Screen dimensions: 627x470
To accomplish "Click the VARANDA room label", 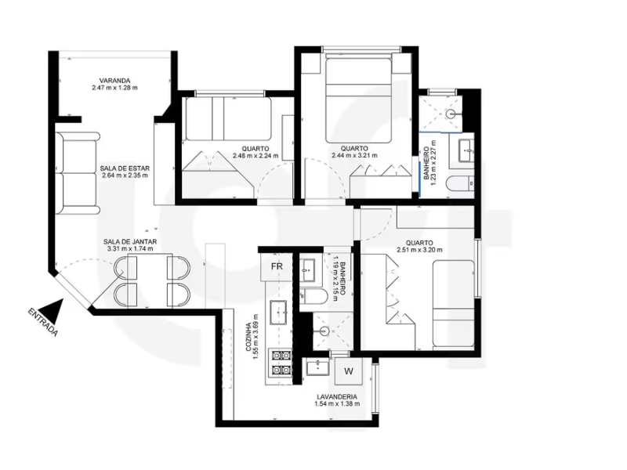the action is coord(114,81).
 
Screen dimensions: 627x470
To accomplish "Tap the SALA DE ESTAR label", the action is coord(125,168).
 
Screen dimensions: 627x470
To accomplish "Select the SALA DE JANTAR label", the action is coord(130,242).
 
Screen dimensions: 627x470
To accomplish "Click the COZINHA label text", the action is coord(248,337).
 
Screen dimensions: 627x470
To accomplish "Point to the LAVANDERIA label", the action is coord(337,397).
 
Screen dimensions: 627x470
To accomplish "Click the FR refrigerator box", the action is coord(277,266).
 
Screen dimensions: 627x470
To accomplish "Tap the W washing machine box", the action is coord(349,371).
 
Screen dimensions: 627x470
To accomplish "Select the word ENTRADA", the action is coord(43,322).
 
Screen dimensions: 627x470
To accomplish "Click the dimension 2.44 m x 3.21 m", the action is coord(354,155).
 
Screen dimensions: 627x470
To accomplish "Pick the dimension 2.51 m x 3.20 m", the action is coord(419,250).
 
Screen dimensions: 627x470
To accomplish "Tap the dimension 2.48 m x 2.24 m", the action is coord(256,155).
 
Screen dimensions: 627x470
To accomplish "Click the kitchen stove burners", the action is coord(281,363).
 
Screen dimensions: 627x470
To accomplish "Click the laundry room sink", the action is coord(318,367).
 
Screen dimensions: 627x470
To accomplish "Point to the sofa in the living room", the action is coord(77,173).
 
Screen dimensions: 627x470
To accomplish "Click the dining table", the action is coord(152,280).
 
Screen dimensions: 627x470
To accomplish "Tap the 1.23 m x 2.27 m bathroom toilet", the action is coord(462,184).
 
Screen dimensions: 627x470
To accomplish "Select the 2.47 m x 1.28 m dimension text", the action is coord(114,88).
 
